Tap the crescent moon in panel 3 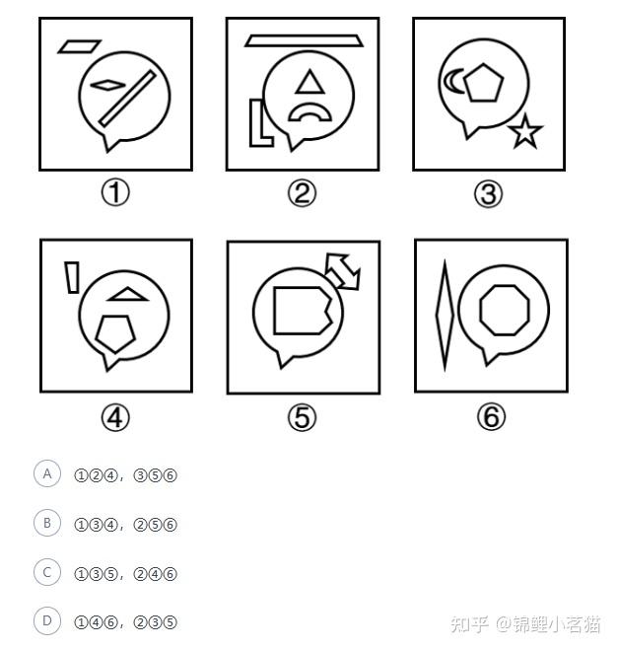(x=449, y=82)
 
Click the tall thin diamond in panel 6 (x=445, y=315)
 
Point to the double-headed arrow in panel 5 (x=343, y=271)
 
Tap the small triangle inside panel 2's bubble (x=309, y=82)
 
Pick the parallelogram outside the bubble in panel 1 (x=79, y=46)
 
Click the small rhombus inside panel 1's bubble (x=107, y=85)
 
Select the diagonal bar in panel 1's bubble (x=127, y=98)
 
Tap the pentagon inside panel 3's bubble (x=483, y=83)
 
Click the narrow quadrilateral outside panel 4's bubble (x=72, y=277)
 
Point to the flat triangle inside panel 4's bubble (x=127, y=294)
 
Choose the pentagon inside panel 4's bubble (x=115, y=333)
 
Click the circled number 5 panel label (x=302, y=417)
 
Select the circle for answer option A (x=47, y=473)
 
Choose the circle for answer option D (x=47, y=621)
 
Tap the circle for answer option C (x=47, y=572)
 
